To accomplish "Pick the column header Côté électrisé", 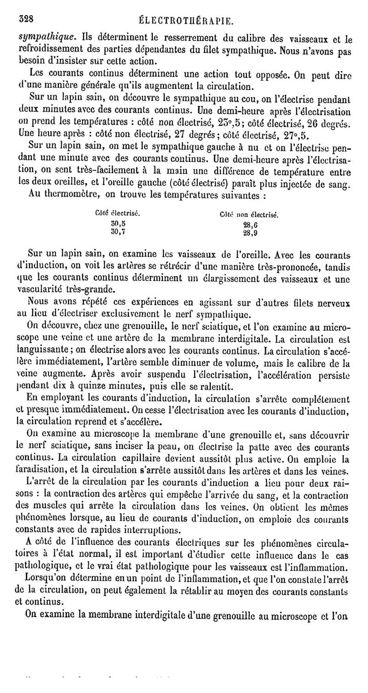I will (x=117, y=214).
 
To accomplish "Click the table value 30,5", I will (x=118, y=223).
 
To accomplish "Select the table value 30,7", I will (x=118, y=232).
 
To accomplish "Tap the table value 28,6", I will (x=250, y=225).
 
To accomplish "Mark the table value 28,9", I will (x=250, y=233).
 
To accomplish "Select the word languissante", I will (x=43, y=352).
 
